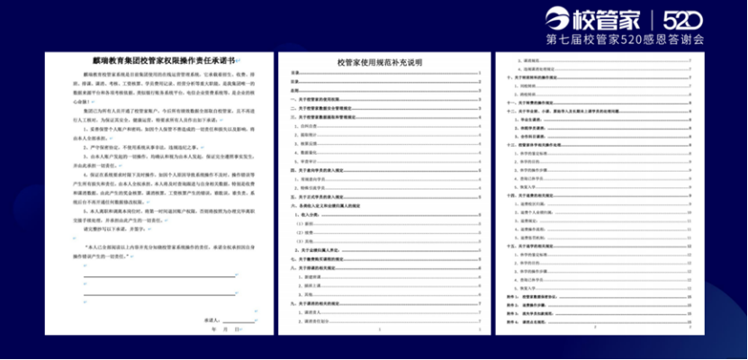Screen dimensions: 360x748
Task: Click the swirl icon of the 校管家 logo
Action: pos(558,19)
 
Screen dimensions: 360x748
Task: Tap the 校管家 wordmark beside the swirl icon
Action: pos(612,19)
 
